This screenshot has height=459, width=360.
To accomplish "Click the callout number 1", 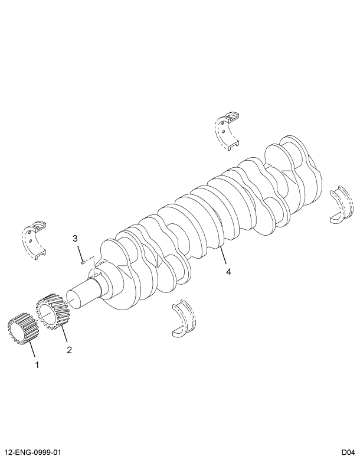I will pyautogui.click(x=37, y=364).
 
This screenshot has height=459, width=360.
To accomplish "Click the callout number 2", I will pyautogui.click(x=70, y=349).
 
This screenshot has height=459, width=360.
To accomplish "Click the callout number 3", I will pyautogui.click(x=75, y=238).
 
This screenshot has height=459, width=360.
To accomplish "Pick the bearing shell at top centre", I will pyautogui.click(x=227, y=129).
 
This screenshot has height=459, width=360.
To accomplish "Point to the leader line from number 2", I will pyautogui.click(x=64, y=335).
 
